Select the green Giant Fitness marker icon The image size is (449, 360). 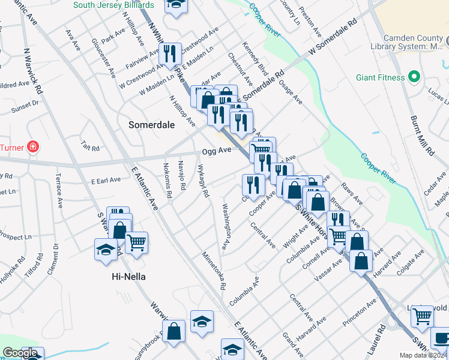click(x=413, y=77)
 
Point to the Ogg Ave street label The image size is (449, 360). click(x=217, y=150)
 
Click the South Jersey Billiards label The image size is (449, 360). click(x=113, y=5)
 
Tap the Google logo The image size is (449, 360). click(x=20, y=353)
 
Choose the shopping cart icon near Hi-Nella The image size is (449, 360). click(x=137, y=242)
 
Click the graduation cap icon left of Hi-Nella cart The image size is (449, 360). click(x=106, y=249)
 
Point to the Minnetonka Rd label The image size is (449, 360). click(x=214, y=271)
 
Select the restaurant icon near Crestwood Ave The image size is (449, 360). click(x=172, y=54)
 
